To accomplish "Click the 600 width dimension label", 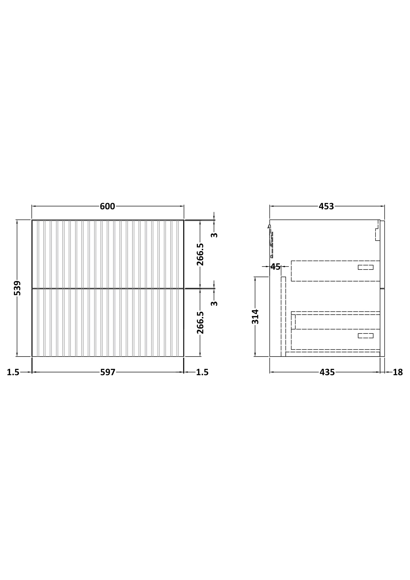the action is click(x=107, y=206).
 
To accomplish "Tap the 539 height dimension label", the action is click(x=17, y=288).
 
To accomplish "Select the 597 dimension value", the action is click(x=108, y=372).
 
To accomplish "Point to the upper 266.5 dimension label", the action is click(x=200, y=254).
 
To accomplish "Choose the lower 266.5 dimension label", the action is click(x=200, y=323).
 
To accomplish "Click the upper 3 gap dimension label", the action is click(x=214, y=235).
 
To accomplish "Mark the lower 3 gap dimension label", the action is click(x=214, y=303).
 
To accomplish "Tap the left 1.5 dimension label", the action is click(x=13, y=372).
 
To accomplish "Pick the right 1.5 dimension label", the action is click(x=202, y=372).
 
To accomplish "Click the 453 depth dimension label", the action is click(x=326, y=206).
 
